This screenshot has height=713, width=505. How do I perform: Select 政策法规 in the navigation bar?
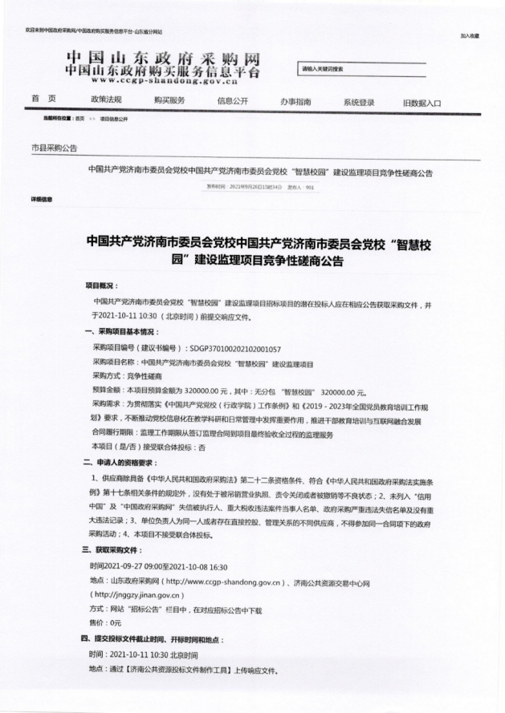coord(106,99)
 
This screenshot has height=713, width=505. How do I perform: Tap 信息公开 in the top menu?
coord(233,100)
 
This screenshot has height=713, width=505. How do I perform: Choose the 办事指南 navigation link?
coord(295,101)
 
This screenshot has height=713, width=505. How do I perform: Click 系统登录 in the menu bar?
coord(359,102)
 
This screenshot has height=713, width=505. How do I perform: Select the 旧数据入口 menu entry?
coord(422,103)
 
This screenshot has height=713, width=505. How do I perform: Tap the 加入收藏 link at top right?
coord(470,36)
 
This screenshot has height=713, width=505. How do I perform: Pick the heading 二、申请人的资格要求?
coord(120,463)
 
